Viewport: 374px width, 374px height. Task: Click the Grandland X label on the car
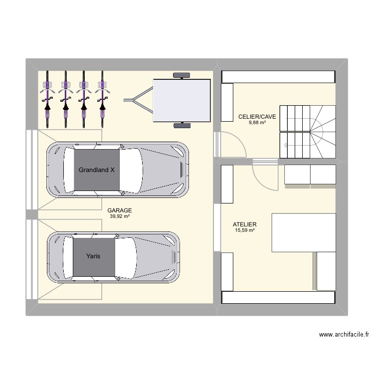96,170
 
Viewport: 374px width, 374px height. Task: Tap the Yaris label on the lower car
93,256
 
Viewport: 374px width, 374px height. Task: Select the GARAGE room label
120,210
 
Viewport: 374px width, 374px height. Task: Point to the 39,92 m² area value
120,216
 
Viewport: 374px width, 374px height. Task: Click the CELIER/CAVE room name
257,117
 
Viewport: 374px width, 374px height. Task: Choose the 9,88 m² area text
257,122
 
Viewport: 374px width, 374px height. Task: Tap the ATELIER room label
245,225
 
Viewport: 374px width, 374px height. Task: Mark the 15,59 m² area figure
245,230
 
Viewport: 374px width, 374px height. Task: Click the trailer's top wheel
182,75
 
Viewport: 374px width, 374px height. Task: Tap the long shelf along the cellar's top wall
278,77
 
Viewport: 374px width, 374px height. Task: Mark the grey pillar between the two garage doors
31,214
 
